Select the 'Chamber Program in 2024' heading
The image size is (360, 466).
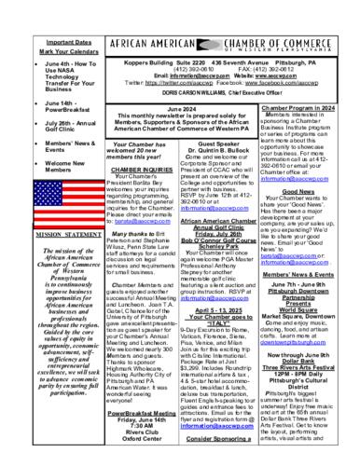click(x=314, y=134)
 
